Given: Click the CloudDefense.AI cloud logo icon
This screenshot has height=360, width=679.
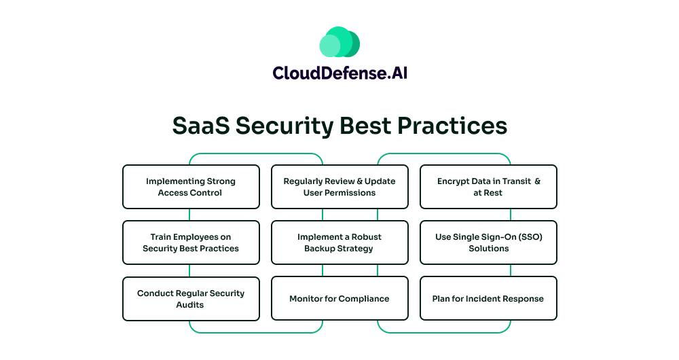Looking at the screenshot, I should (339, 41).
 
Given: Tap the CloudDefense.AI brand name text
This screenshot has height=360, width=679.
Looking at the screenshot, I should (339, 73).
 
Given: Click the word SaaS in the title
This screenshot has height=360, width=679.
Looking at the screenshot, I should (200, 126).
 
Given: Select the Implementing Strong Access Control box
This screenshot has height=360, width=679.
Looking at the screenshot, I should (191, 187).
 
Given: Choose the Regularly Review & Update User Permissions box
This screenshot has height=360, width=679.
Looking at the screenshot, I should (339, 187).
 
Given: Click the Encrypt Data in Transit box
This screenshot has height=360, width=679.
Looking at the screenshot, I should (488, 187).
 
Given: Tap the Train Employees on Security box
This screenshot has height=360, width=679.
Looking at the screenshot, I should (191, 242).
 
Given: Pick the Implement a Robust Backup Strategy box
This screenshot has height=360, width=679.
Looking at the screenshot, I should (339, 242).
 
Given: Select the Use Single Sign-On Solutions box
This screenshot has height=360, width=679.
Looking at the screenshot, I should (488, 242).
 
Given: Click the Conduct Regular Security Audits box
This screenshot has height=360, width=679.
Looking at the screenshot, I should (191, 299).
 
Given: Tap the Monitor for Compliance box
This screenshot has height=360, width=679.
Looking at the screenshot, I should (339, 299).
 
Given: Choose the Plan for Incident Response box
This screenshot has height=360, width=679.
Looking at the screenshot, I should (488, 299).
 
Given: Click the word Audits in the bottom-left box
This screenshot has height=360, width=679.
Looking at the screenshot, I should (190, 305).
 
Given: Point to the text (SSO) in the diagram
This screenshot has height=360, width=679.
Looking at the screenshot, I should (529, 237).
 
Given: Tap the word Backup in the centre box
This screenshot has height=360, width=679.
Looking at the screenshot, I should (319, 249).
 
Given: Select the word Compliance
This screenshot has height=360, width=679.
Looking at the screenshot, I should (364, 299).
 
